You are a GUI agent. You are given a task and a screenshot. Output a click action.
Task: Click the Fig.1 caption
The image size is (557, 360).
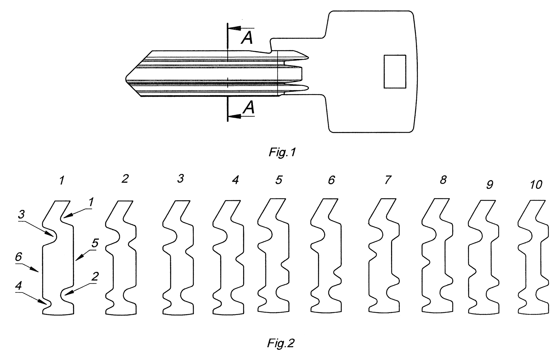tap(282, 152)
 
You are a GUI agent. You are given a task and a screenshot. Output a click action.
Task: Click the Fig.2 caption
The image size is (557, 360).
tap(280, 343)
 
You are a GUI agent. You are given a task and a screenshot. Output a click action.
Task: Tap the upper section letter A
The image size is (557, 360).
tap(247, 38)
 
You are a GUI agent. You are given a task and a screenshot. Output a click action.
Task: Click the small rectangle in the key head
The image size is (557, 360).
tap(395, 72)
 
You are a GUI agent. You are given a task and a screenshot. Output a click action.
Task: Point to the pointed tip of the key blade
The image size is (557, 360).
tap(126, 79)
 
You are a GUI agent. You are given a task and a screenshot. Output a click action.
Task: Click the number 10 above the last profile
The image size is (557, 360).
tap(536, 185)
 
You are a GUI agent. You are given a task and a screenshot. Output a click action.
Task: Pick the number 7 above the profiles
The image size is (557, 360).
tap(388, 180)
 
